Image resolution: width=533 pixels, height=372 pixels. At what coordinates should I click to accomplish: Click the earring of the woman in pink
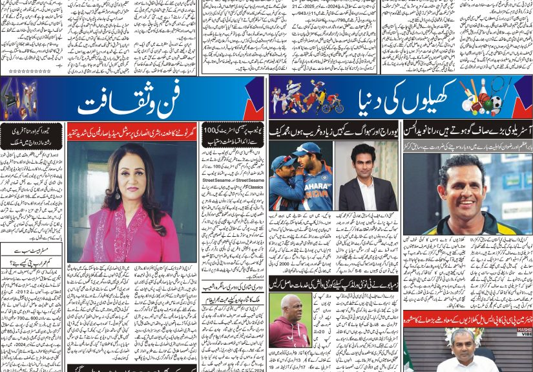click(117, 193)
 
